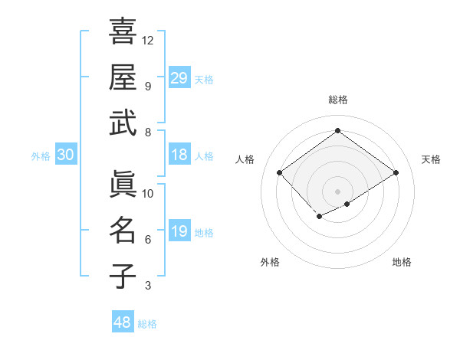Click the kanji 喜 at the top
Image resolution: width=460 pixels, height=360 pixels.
click(123, 32)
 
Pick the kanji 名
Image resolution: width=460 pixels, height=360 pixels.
click(123, 229)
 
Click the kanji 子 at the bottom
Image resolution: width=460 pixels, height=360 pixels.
click(123, 275)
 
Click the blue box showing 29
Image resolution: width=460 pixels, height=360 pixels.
click(179, 78)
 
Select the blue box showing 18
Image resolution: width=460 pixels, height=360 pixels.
click(179, 155)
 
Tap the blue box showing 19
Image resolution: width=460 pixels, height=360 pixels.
click(179, 232)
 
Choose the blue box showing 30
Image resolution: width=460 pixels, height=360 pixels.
click(66, 155)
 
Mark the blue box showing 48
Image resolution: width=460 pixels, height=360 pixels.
click(123, 322)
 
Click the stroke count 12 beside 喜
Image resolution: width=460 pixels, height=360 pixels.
click(148, 40)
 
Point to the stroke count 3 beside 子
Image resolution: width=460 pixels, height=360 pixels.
click(148, 286)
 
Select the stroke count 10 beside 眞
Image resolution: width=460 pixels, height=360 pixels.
click(148, 193)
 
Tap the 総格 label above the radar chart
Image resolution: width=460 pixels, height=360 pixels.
click(337, 100)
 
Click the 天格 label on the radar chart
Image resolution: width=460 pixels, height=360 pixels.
click(431, 159)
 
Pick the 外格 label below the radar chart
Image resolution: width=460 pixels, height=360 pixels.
click(270, 263)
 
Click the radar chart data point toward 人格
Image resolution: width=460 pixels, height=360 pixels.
click(280, 173)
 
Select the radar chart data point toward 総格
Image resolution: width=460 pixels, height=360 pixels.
click(337, 131)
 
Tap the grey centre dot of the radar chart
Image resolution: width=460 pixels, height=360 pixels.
click(337, 190)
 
